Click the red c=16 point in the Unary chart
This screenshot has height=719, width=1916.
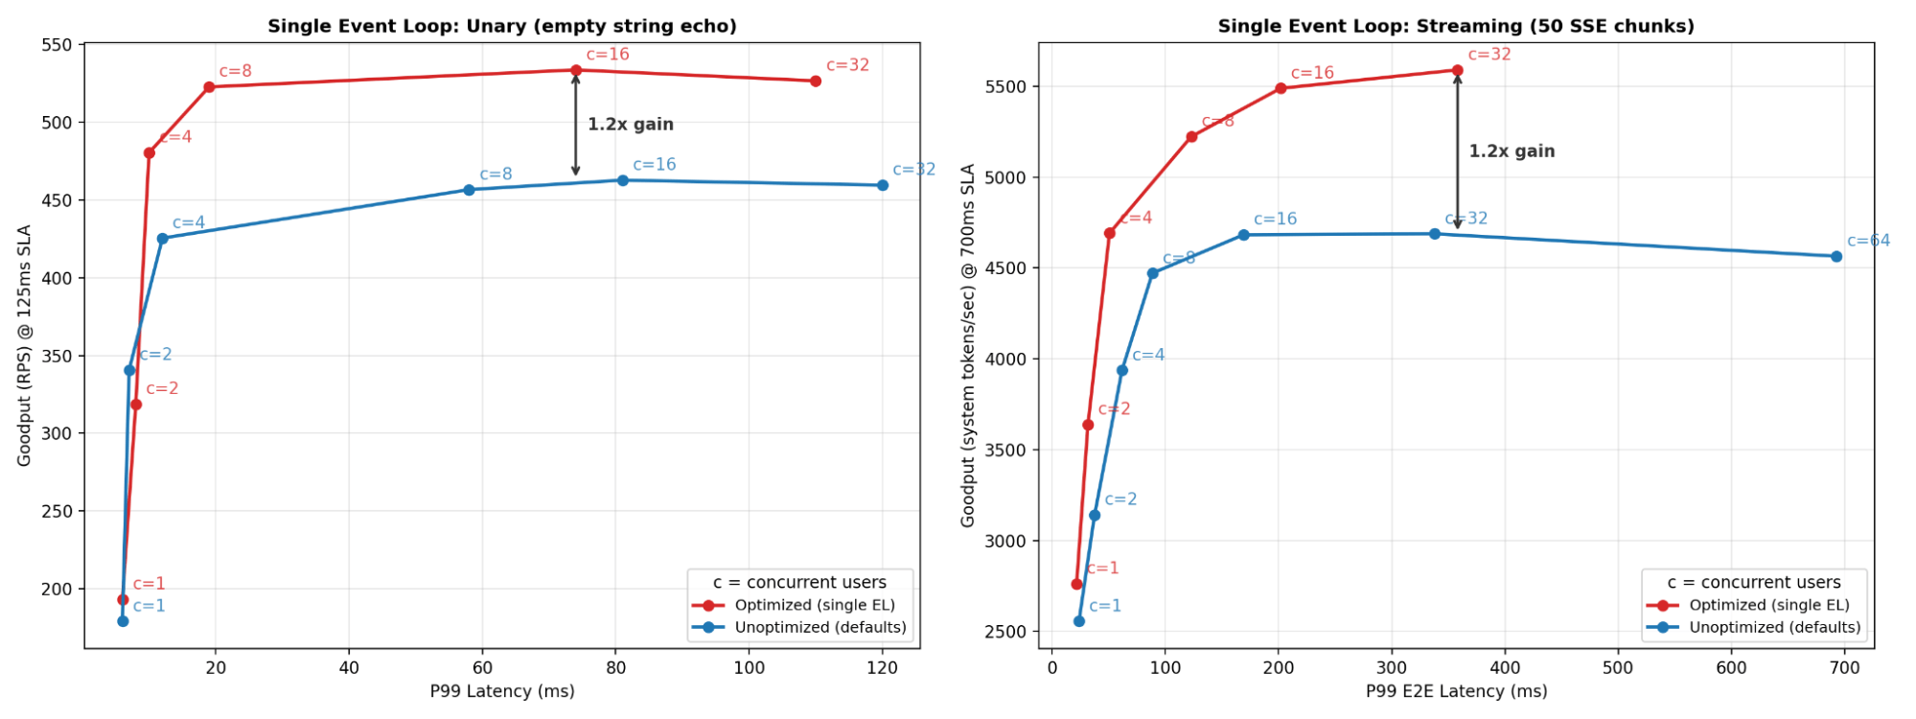(576, 70)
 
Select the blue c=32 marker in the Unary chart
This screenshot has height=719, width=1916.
(883, 185)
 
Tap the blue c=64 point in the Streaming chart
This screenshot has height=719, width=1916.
(1836, 256)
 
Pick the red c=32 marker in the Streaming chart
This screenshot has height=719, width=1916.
(1458, 70)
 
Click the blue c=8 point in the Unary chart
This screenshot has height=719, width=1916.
(469, 190)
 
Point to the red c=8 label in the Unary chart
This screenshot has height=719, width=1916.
(235, 71)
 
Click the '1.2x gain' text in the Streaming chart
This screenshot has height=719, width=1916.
(1512, 151)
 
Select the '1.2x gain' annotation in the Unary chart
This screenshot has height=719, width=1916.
(630, 125)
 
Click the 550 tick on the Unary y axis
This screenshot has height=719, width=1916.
(58, 45)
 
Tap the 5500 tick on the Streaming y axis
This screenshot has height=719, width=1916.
(1006, 87)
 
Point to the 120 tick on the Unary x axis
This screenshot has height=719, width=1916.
(882, 668)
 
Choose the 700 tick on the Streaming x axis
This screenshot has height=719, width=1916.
(1844, 668)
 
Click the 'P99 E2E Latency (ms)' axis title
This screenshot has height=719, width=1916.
(1456, 692)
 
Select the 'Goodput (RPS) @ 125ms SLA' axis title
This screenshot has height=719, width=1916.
(24, 345)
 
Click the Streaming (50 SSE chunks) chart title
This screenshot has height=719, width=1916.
(1455, 26)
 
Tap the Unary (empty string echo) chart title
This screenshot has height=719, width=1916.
(501, 26)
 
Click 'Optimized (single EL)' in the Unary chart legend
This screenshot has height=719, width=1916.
(815, 605)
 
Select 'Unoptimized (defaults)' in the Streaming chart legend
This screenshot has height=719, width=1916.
(1774, 627)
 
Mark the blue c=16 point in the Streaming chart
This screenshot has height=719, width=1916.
(1244, 235)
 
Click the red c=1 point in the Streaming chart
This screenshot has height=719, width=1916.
(1076, 584)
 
